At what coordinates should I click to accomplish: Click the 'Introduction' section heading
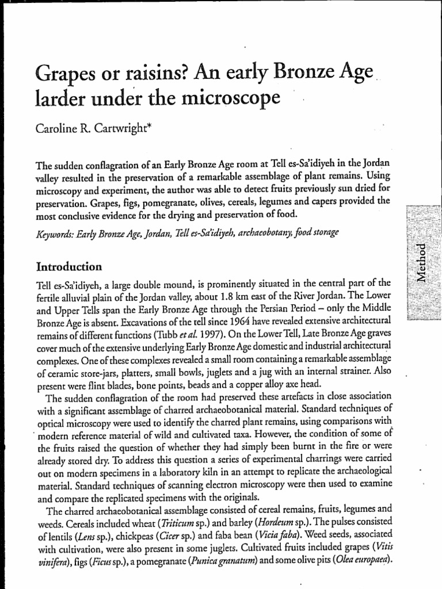click(x=69, y=267)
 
